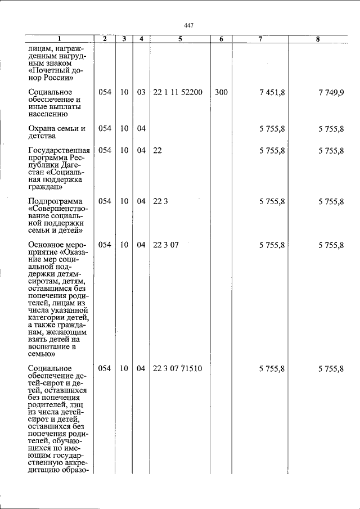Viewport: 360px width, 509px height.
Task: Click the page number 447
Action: pos(188,25)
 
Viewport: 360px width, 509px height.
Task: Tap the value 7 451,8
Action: pos(272,92)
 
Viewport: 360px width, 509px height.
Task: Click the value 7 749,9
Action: pos(330,92)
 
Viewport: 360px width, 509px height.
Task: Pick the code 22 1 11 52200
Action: pos(177,92)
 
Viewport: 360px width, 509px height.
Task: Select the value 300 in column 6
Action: pos(221,92)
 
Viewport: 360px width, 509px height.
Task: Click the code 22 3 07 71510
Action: pos(177,369)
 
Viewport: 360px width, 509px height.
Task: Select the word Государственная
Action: pos(59,151)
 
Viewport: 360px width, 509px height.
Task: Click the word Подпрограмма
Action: pos(55,201)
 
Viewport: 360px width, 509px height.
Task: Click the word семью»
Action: pos(42,355)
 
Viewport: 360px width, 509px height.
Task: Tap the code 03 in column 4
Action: pos(141,92)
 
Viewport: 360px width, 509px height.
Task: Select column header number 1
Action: pos(58,39)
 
